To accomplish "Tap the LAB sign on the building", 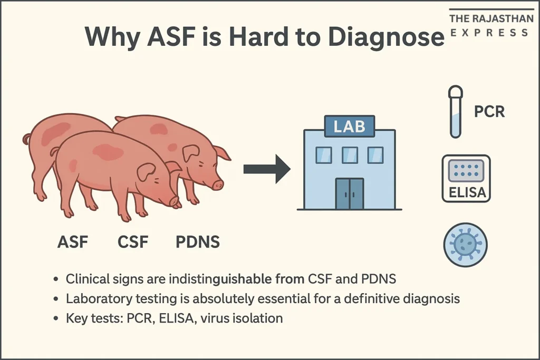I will (349, 126).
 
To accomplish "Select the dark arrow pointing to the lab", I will (267, 169).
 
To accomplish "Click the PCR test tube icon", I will (455, 113).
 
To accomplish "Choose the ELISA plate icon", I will (466, 178).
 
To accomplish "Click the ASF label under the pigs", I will (73, 242).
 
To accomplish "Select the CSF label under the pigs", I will (132, 242).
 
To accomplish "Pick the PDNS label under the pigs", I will (197, 242).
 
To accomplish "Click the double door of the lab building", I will (349, 193).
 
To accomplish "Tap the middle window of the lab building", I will (349, 155).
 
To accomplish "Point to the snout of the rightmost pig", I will (218, 184).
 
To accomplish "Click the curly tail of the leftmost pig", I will (26, 139).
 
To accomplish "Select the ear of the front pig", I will (146, 172).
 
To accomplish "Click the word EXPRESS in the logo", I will (489, 33).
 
